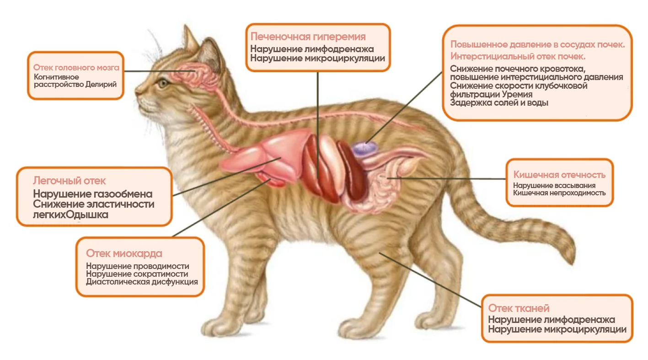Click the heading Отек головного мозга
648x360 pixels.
pyautogui.click(x=76, y=68)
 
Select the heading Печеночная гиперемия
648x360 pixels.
pyautogui.click(x=308, y=37)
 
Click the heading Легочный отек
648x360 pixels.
pyautogui.click(x=70, y=181)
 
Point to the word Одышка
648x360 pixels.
pyautogui.click(x=88, y=215)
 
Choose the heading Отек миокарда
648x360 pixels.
pyautogui.click(x=124, y=253)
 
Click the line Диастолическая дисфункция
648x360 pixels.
pyautogui.click(x=142, y=282)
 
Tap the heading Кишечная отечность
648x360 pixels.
pyautogui.click(x=559, y=175)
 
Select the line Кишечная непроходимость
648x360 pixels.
pyautogui.click(x=559, y=193)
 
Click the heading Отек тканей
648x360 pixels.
pyautogui.click(x=519, y=308)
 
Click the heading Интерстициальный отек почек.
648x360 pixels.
pyautogui.click(x=518, y=57)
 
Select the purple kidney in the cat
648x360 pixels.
pyautogui.click(x=364, y=149)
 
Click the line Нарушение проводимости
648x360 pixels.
pyautogui.click(x=137, y=266)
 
